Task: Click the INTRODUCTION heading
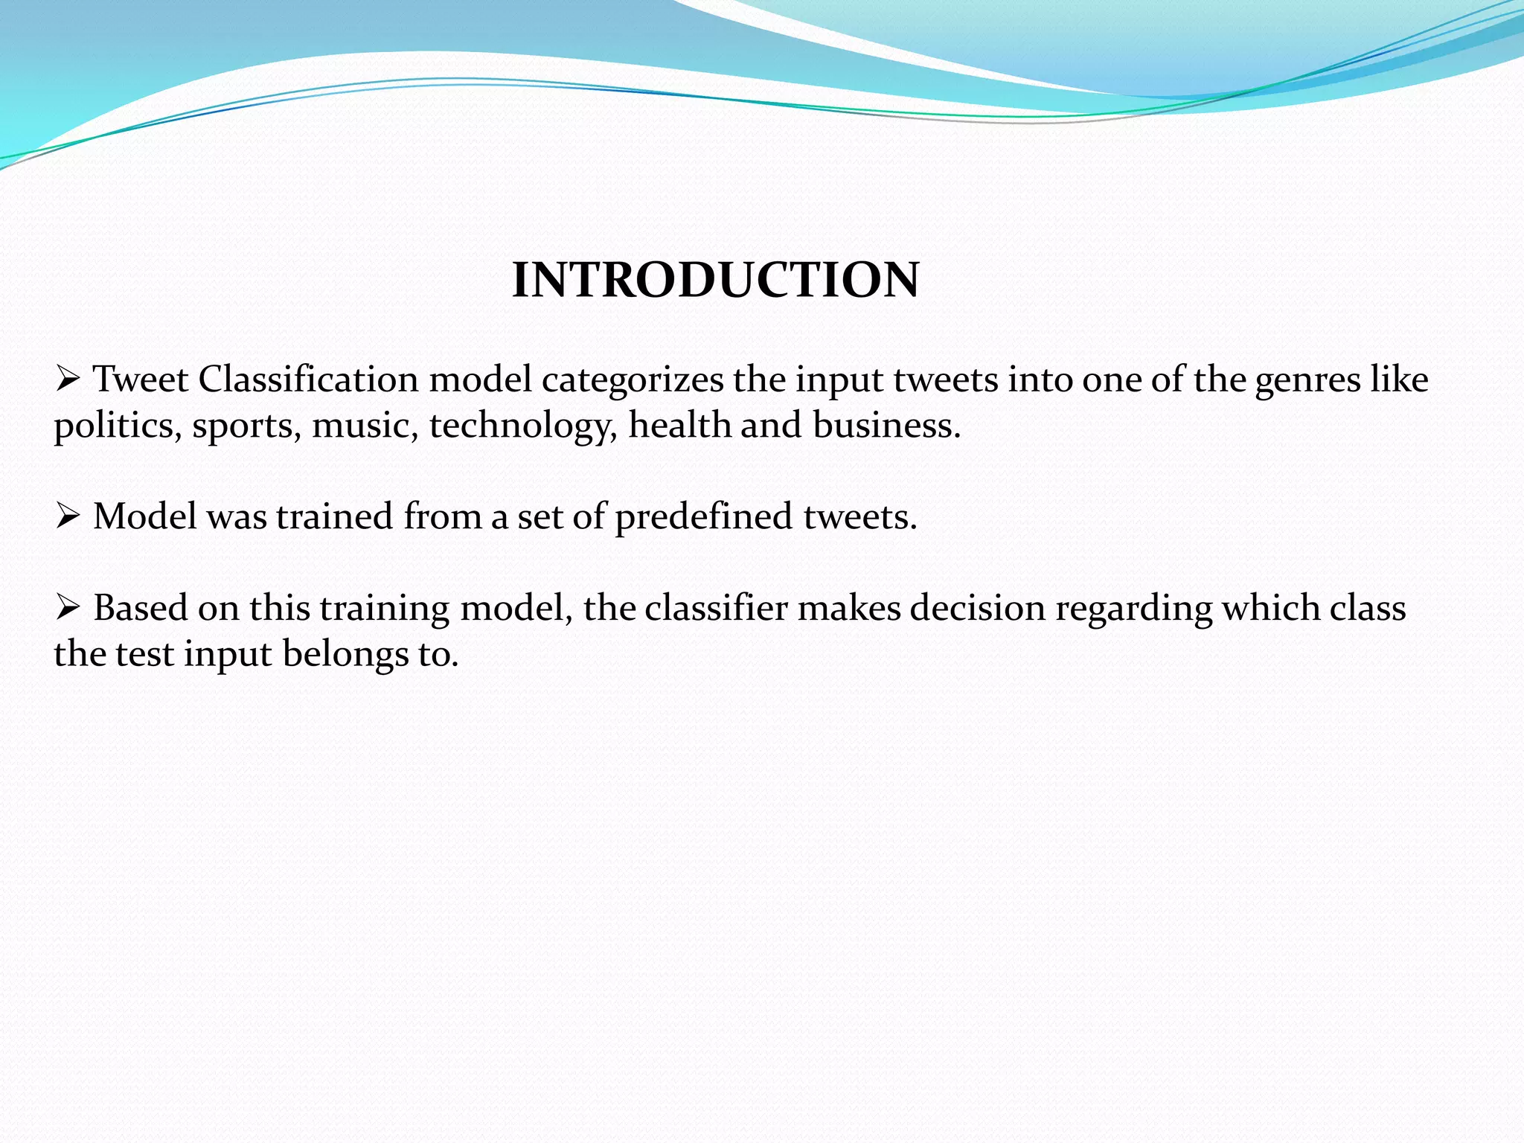(x=715, y=281)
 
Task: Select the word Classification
(x=308, y=380)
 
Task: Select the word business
(x=886, y=425)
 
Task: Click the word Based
(x=141, y=608)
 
